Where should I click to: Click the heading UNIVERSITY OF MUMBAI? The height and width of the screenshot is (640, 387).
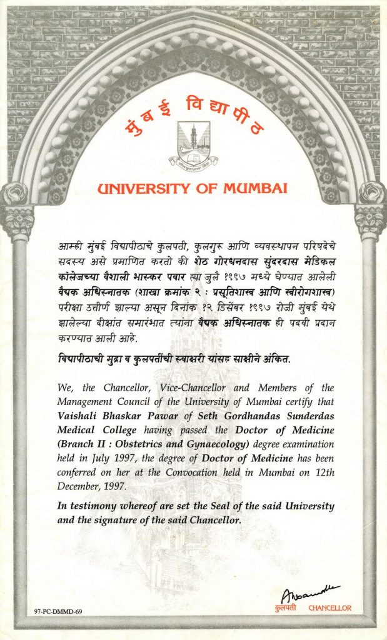click(x=193, y=187)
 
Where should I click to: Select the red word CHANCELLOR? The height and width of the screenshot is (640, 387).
click(x=330, y=607)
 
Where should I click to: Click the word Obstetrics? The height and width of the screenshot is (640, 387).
click(x=125, y=444)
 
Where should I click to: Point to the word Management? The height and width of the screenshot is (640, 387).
click(x=84, y=402)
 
